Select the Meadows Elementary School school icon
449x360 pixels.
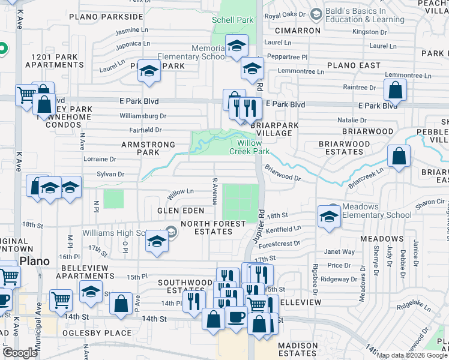(x=329, y=217)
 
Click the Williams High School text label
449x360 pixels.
(x=122, y=233)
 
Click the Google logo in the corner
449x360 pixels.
(x=20, y=353)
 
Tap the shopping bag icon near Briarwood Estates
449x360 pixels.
(x=399, y=157)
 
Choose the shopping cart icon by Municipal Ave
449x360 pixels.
(x=61, y=299)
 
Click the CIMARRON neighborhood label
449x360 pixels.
(x=297, y=30)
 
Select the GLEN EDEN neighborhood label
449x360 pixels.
(x=177, y=211)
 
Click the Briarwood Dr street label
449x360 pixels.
(x=282, y=174)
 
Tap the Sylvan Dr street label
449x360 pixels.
(x=110, y=174)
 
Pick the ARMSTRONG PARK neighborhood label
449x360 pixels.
(x=148, y=149)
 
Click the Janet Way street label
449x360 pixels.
(x=339, y=252)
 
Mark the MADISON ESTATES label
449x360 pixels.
(x=298, y=350)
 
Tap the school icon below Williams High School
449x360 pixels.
(x=157, y=242)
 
